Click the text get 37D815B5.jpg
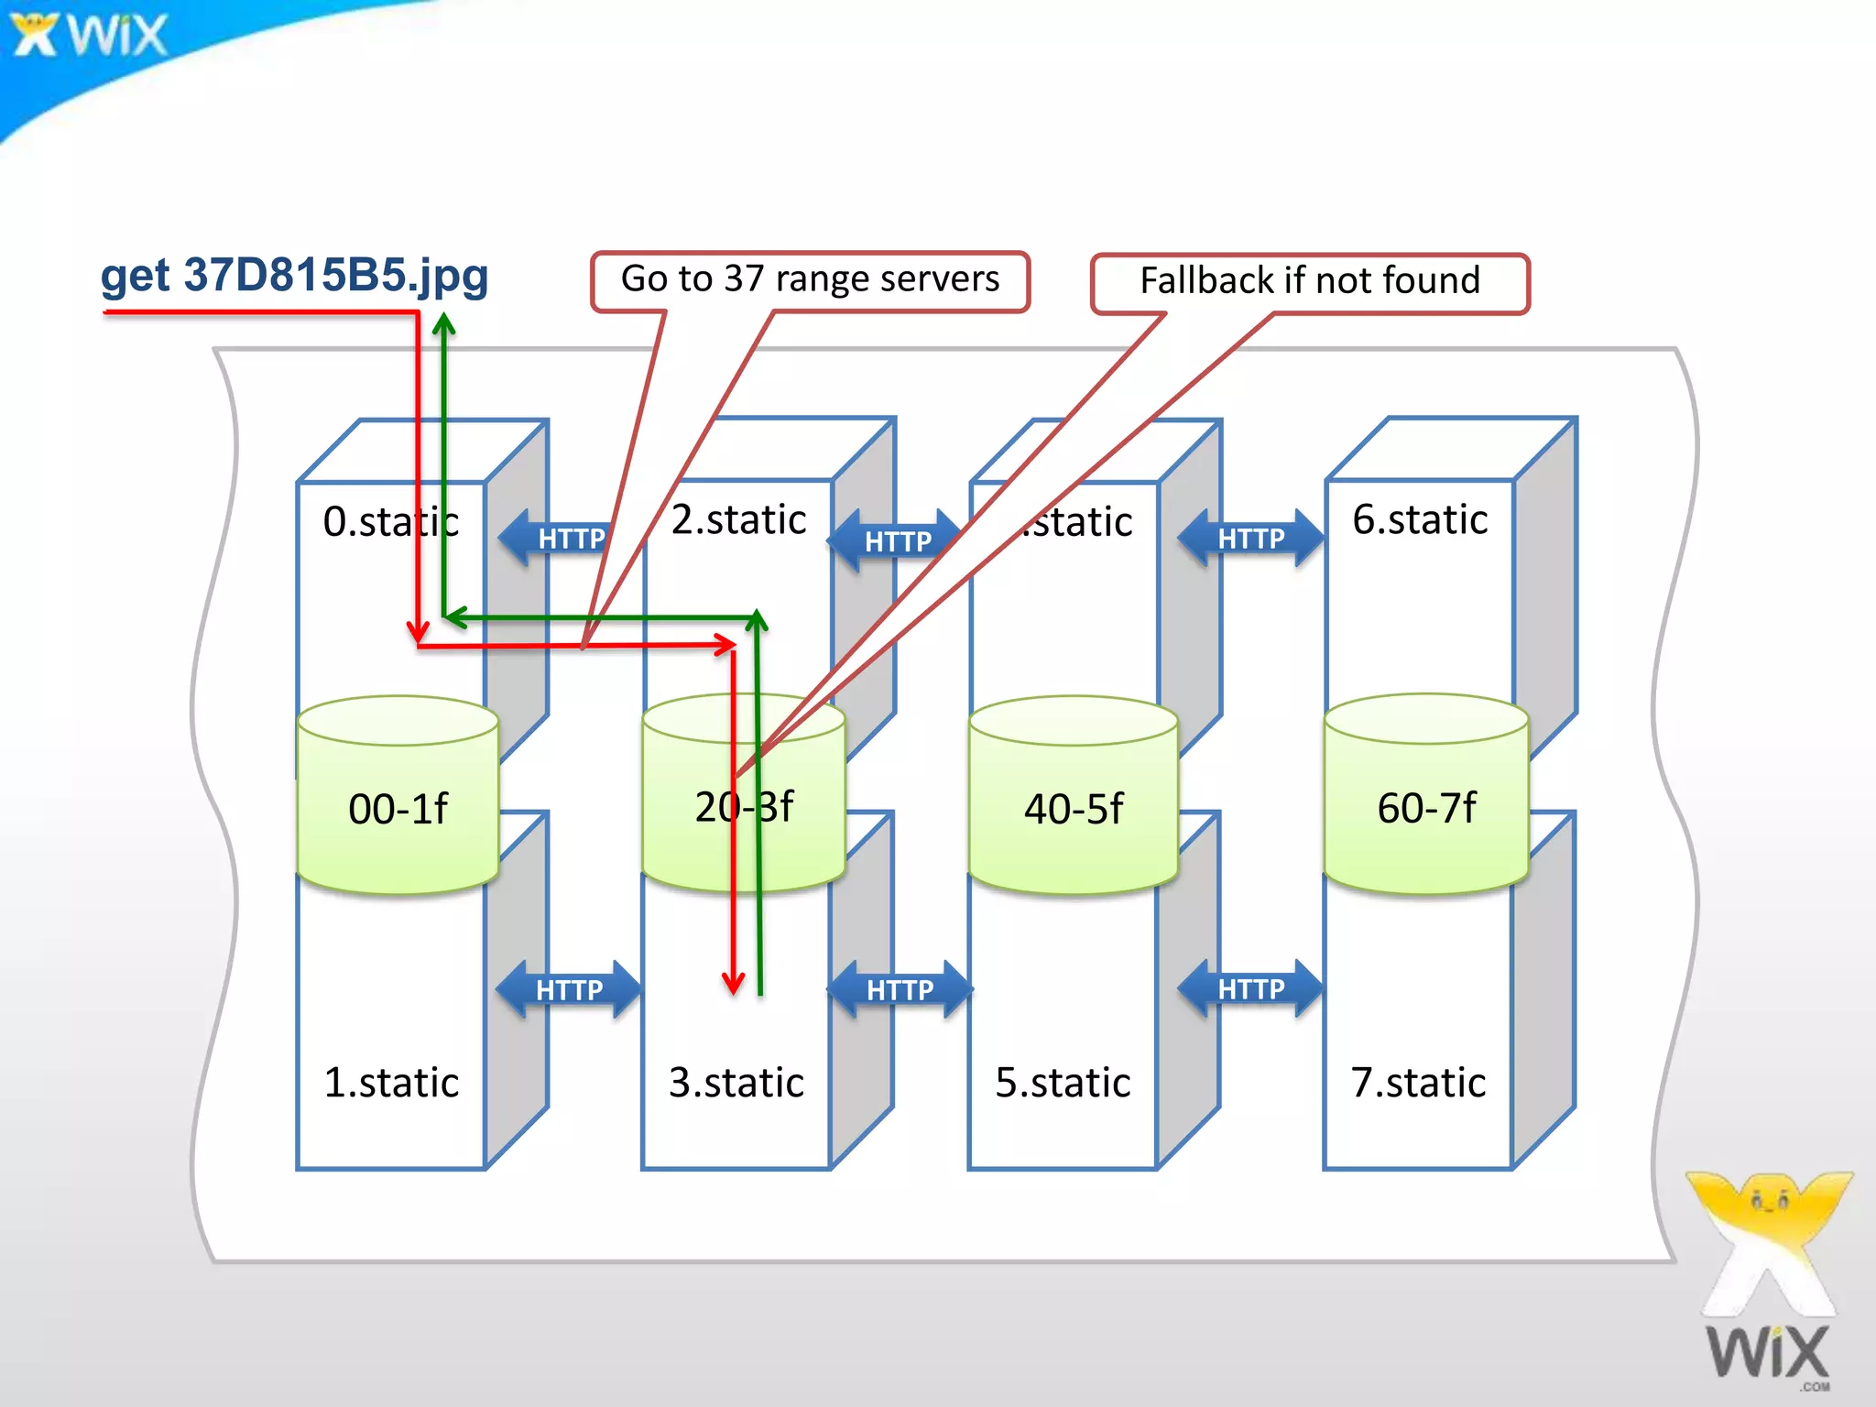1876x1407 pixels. pyautogui.click(x=294, y=276)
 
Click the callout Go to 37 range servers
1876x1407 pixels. pyautogui.click(x=810, y=279)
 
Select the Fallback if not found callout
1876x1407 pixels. pyautogui.click(x=1309, y=281)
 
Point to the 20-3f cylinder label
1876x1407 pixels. pyautogui.click(x=744, y=807)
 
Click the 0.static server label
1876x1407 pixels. pyautogui.click(x=390, y=522)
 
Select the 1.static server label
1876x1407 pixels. pyautogui.click(x=391, y=1083)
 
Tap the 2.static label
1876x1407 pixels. pyautogui.click(x=738, y=520)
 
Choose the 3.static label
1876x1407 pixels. pyautogui.click(x=736, y=1083)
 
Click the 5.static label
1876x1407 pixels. pyautogui.click(x=1063, y=1083)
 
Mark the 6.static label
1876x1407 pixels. pyautogui.click(x=1420, y=520)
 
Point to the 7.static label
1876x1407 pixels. pyautogui.click(x=1418, y=1083)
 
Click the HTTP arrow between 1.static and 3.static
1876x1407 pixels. pyautogui.click(x=569, y=989)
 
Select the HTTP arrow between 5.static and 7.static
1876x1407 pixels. pyautogui.click(x=1250, y=988)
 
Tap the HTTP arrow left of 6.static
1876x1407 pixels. pyautogui.click(x=1250, y=539)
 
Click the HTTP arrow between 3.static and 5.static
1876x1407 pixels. pyautogui.click(x=900, y=989)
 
